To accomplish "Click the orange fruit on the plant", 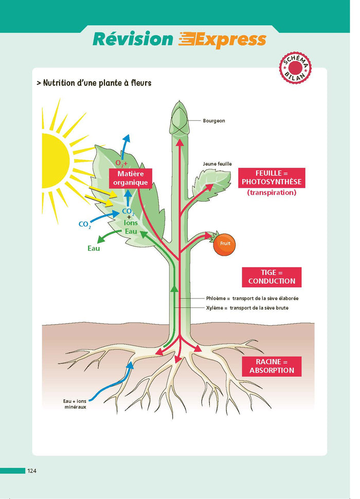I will pyautogui.click(x=225, y=243).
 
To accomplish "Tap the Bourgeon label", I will pyautogui.click(x=214, y=121).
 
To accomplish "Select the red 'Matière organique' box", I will pyautogui.click(x=131, y=178).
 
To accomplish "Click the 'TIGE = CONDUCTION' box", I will pyautogui.click(x=272, y=277).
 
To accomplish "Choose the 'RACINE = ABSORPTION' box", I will pyautogui.click(x=272, y=366).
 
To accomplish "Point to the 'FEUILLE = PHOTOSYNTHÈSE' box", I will pyautogui.click(x=272, y=177).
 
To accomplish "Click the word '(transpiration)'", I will pyautogui.click(x=272, y=193).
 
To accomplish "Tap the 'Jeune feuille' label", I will pyautogui.click(x=217, y=164).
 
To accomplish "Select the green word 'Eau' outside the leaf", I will pyautogui.click(x=94, y=248).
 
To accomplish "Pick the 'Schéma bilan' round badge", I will pyautogui.click(x=296, y=67).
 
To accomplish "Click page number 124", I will pyautogui.click(x=32, y=471).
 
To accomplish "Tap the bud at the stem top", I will pyautogui.click(x=179, y=117).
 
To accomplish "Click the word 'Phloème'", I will pyautogui.click(x=215, y=298).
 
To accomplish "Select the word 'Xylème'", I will pyautogui.click(x=215, y=308).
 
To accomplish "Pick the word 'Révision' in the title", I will pyautogui.click(x=133, y=39).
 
